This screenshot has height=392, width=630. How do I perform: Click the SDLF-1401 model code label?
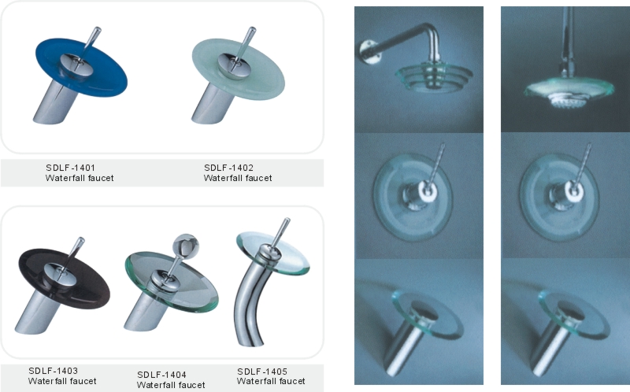point(70,168)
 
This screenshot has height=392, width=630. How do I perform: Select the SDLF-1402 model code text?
point(228,168)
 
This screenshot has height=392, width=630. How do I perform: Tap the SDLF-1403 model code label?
point(53,371)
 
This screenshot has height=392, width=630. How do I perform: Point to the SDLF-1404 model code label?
point(161,375)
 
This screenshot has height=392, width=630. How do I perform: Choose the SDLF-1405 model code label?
point(262,372)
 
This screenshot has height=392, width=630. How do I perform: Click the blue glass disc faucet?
point(80,74)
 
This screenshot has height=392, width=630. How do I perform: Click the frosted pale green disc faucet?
point(238,74)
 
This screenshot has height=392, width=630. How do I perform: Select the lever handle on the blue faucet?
point(90,43)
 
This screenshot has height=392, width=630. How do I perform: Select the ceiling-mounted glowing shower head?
point(568,91)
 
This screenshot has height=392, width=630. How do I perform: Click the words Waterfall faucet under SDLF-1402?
point(238,178)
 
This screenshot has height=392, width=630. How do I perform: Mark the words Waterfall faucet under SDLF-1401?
point(80,178)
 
